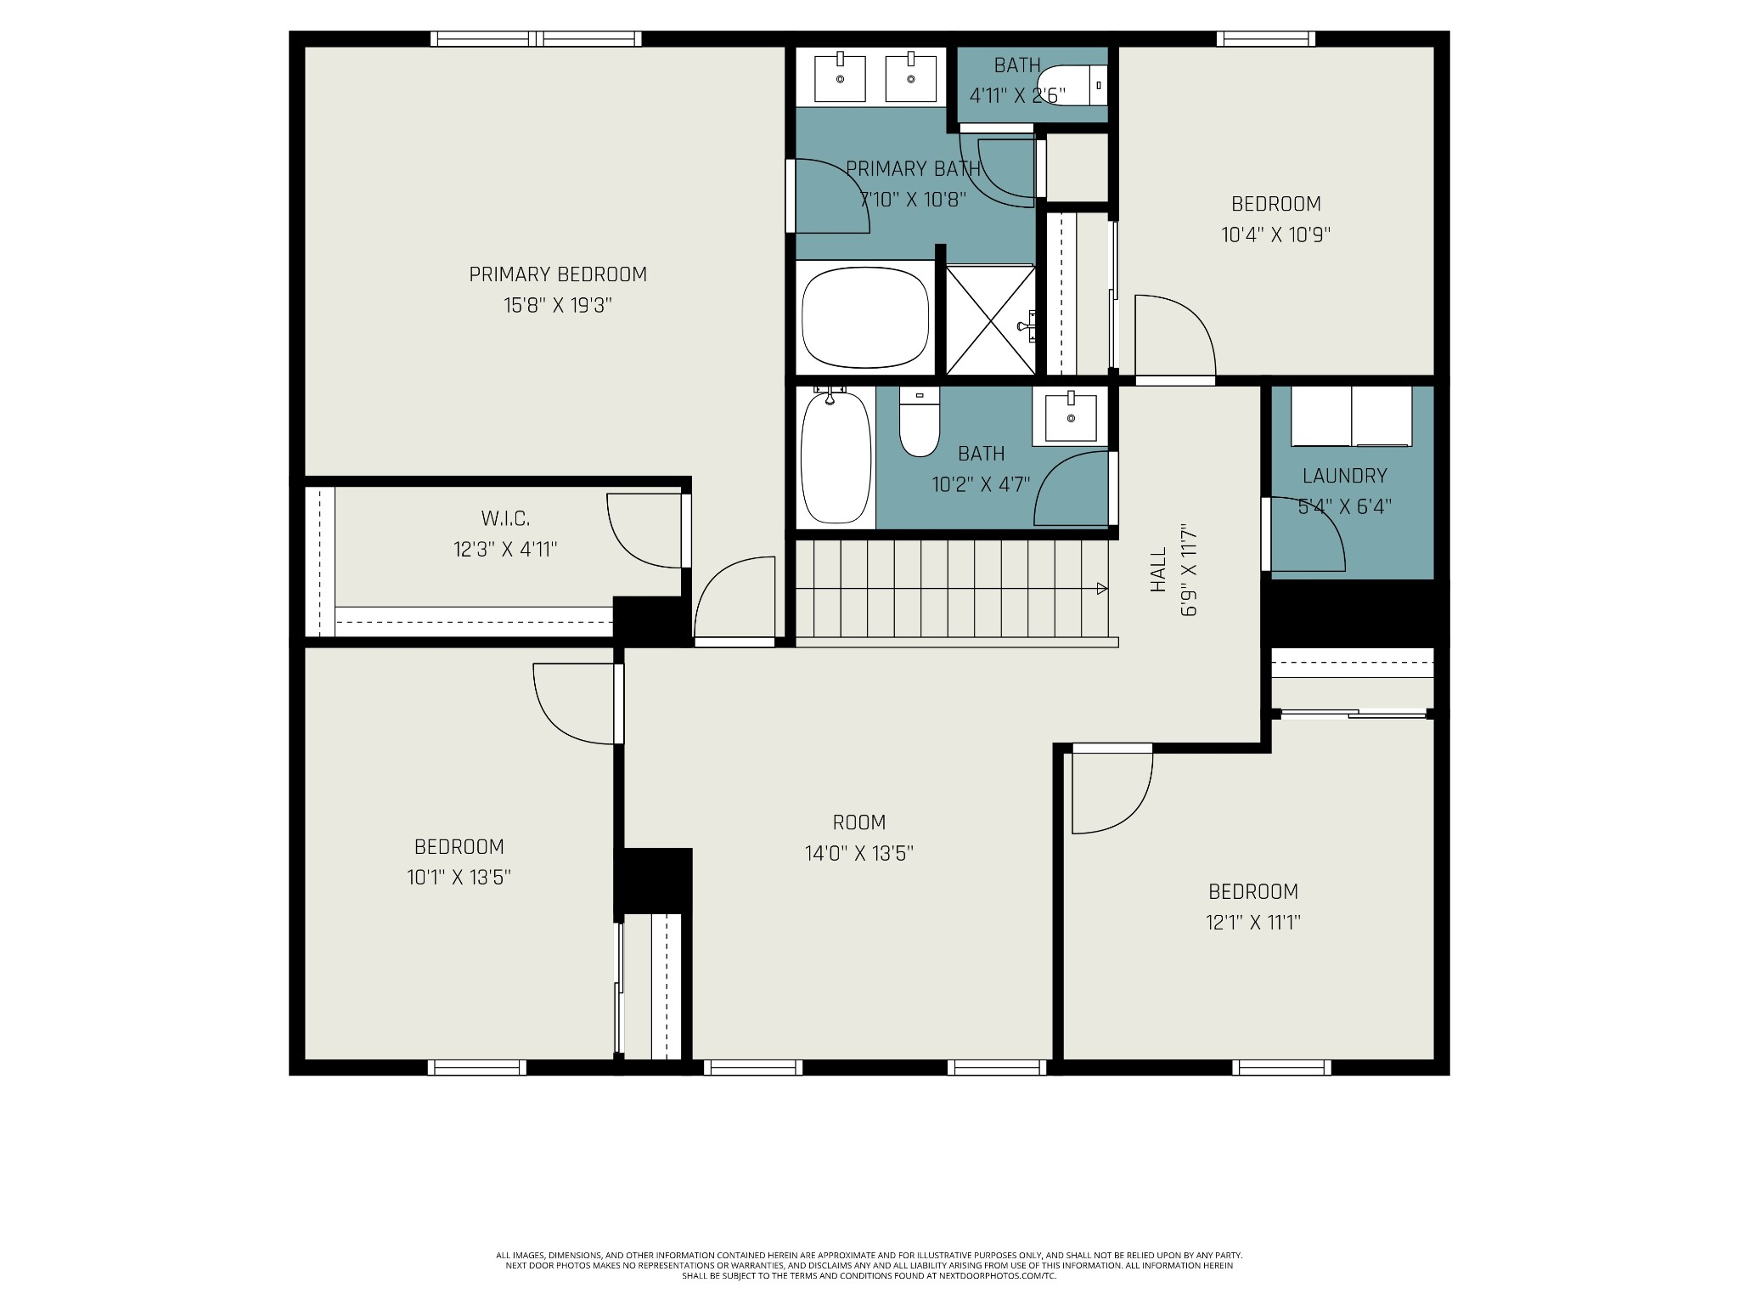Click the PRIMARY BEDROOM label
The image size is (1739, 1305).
(558, 274)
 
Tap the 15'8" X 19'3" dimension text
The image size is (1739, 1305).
(558, 305)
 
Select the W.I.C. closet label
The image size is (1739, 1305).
(505, 518)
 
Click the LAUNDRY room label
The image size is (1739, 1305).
(1345, 476)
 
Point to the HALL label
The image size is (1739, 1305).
(1158, 569)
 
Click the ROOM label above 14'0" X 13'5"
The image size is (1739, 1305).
(859, 822)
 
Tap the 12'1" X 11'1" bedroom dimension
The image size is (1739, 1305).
(1253, 922)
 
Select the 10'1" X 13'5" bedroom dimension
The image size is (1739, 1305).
(459, 877)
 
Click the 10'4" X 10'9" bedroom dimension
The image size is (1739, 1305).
(1275, 234)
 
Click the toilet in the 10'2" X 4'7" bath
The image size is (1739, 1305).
(920, 421)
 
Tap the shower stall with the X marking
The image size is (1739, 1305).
(991, 319)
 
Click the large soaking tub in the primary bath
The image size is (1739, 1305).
(865, 317)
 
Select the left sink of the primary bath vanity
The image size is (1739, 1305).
(840, 78)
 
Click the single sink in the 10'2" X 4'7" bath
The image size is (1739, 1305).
(1071, 416)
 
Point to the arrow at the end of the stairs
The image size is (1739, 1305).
(1102, 589)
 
